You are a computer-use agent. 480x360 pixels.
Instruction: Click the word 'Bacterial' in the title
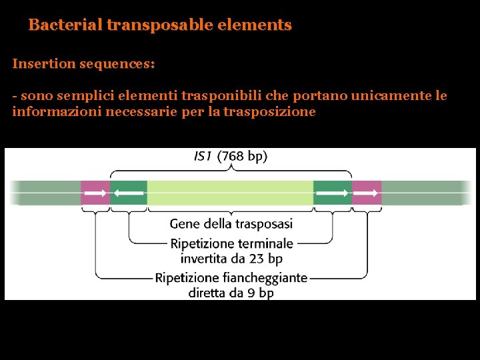click(x=65, y=25)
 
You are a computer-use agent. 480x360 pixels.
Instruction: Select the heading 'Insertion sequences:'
click(x=83, y=64)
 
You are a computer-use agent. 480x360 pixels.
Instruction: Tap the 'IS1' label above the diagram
click(x=203, y=157)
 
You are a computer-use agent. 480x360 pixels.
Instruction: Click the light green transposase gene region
click(x=230, y=192)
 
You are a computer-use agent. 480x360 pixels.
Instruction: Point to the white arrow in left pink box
click(x=96, y=193)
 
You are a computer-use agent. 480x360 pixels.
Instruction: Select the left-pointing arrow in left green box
click(x=129, y=193)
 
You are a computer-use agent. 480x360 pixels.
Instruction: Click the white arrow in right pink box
click(x=367, y=193)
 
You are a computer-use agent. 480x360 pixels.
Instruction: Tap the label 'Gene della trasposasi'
click(x=231, y=224)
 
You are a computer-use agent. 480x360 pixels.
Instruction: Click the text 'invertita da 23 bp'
click(x=231, y=257)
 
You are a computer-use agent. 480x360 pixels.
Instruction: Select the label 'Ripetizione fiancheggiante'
click(x=231, y=277)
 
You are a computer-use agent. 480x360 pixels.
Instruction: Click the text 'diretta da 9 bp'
click(x=231, y=292)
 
